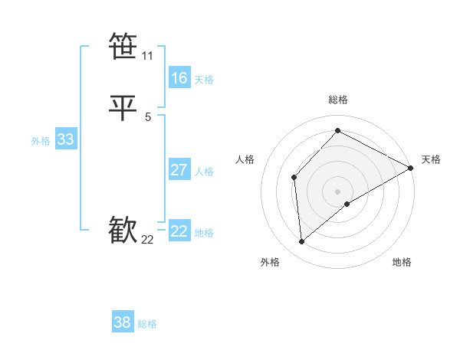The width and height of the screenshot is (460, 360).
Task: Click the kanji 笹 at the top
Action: coord(123,47)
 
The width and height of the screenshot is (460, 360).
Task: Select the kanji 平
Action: coord(123,108)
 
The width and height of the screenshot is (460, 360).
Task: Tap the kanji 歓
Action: coord(123,231)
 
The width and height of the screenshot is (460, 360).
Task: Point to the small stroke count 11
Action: coord(147,56)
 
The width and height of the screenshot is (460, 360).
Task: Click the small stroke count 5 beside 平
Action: coord(147,117)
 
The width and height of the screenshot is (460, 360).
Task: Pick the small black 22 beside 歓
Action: coord(147,240)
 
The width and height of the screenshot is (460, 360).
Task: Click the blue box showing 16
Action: coord(179,78)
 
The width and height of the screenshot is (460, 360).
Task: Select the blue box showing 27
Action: coord(179,170)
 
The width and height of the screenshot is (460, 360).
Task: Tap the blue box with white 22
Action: coord(179,231)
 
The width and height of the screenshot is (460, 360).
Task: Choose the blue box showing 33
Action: coord(65,139)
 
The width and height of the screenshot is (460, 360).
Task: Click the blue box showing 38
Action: coord(123,322)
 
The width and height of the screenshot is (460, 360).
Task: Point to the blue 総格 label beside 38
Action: coord(147,324)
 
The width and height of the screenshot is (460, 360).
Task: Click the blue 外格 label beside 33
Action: coord(41,141)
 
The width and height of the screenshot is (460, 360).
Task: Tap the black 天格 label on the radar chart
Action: coord(431,159)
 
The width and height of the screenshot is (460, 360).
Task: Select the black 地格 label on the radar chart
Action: coord(402,262)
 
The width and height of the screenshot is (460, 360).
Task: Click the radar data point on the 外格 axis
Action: coord(301,242)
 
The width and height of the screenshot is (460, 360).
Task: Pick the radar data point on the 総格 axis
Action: coord(337,131)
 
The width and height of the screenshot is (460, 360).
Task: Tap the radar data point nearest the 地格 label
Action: coord(347,204)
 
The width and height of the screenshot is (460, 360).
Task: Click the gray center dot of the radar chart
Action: coord(337,191)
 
